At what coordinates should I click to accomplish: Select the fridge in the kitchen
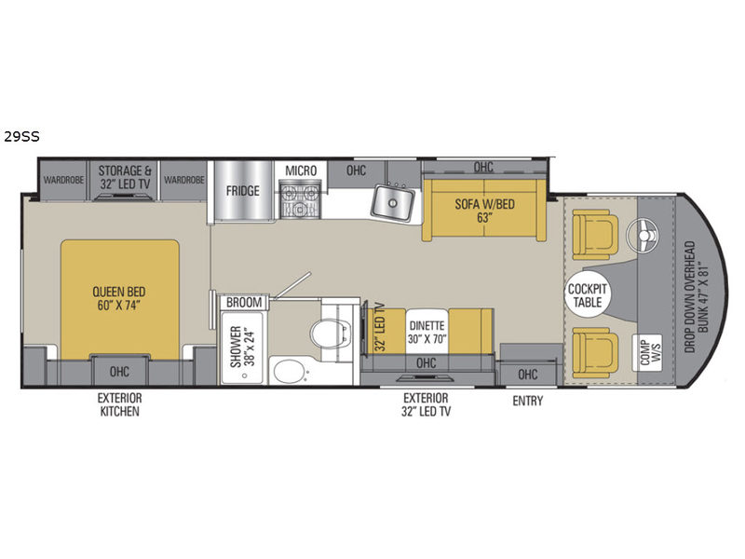coord(242,192)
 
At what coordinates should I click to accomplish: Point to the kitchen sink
coord(396,200)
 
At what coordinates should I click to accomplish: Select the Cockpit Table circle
coord(589,296)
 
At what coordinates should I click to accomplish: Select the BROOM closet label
coord(244,302)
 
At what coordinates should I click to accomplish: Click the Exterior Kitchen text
coord(119,404)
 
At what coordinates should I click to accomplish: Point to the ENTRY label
coord(526,401)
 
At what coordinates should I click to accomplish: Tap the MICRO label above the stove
coord(301,170)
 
